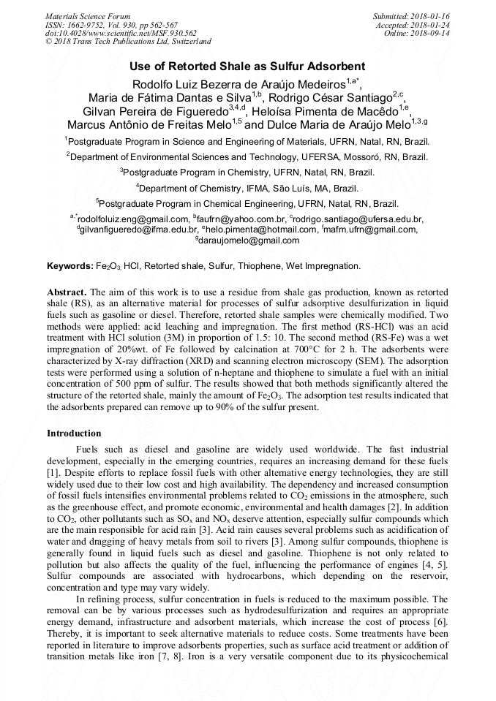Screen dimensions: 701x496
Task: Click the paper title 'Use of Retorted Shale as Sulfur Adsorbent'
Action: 247,66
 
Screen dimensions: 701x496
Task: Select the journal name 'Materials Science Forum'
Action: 88,16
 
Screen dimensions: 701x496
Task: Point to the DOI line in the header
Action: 121,34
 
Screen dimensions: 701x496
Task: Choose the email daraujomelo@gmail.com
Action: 248,240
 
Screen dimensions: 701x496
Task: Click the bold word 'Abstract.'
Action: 67,291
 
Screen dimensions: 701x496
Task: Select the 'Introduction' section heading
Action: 74,433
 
